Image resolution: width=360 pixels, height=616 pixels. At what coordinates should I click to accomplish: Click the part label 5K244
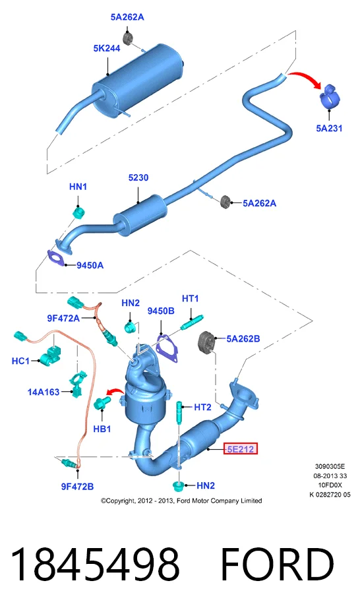click(x=107, y=48)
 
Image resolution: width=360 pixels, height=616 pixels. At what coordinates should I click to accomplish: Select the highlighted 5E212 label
click(x=240, y=448)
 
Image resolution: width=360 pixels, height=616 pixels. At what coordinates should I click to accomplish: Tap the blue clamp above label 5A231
click(x=329, y=97)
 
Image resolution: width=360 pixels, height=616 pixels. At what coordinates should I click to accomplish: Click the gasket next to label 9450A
click(x=56, y=258)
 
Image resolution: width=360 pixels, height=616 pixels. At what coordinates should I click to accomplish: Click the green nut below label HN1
click(x=80, y=213)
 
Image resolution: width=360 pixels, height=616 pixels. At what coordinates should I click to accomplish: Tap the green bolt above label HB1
click(x=102, y=403)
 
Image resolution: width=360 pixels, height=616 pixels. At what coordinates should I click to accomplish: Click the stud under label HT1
click(x=192, y=322)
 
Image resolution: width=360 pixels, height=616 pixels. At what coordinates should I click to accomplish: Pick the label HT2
click(x=202, y=408)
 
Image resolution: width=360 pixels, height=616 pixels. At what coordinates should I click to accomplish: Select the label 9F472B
click(x=77, y=487)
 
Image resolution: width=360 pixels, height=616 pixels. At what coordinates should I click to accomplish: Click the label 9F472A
click(x=63, y=318)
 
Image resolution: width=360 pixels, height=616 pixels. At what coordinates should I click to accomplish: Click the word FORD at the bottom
click(x=277, y=565)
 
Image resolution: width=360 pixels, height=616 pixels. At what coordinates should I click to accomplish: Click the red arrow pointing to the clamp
click(x=305, y=78)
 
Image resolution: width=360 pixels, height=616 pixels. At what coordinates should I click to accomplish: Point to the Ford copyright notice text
click(x=181, y=501)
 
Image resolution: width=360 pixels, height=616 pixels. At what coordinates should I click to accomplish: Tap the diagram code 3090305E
click(x=330, y=466)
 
